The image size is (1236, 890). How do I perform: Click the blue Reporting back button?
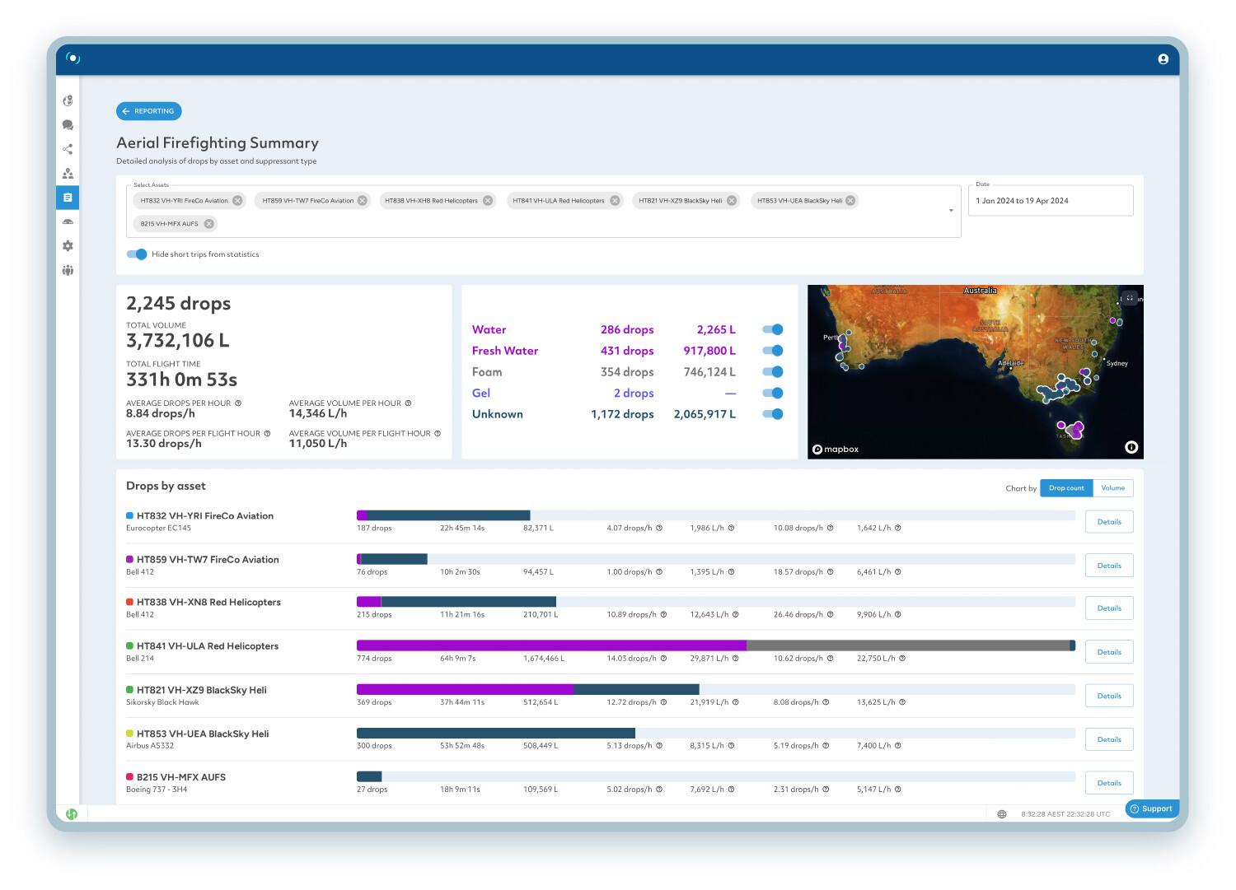(x=149, y=111)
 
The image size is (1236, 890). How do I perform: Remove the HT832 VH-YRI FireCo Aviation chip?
(x=237, y=201)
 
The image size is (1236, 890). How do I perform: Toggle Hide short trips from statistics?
(x=137, y=254)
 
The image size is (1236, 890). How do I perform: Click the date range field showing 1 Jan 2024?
(x=1050, y=201)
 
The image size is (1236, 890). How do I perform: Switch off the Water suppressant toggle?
(x=773, y=329)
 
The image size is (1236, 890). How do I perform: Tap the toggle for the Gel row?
(x=773, y=394)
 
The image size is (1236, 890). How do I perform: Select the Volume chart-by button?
(x=1112, y=488)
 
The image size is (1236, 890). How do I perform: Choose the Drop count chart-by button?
(x=1066, y=488)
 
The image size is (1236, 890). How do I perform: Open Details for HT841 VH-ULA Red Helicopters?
(x=1109, y=652)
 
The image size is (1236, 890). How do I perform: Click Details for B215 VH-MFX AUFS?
(x=1109, y=783)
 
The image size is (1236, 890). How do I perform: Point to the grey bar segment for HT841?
(x=906, y=645)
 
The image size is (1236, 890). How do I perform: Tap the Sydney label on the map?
(x=1117, y=363)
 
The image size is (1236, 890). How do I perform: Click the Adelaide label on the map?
(x=1010, y=363)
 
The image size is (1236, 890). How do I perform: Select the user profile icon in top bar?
(x=1163, y=59)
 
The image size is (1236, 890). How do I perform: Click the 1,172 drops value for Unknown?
(x=622, y=414)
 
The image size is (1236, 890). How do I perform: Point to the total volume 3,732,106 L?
(x=178, y=341)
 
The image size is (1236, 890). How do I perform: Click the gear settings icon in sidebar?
(x=68, y=246)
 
